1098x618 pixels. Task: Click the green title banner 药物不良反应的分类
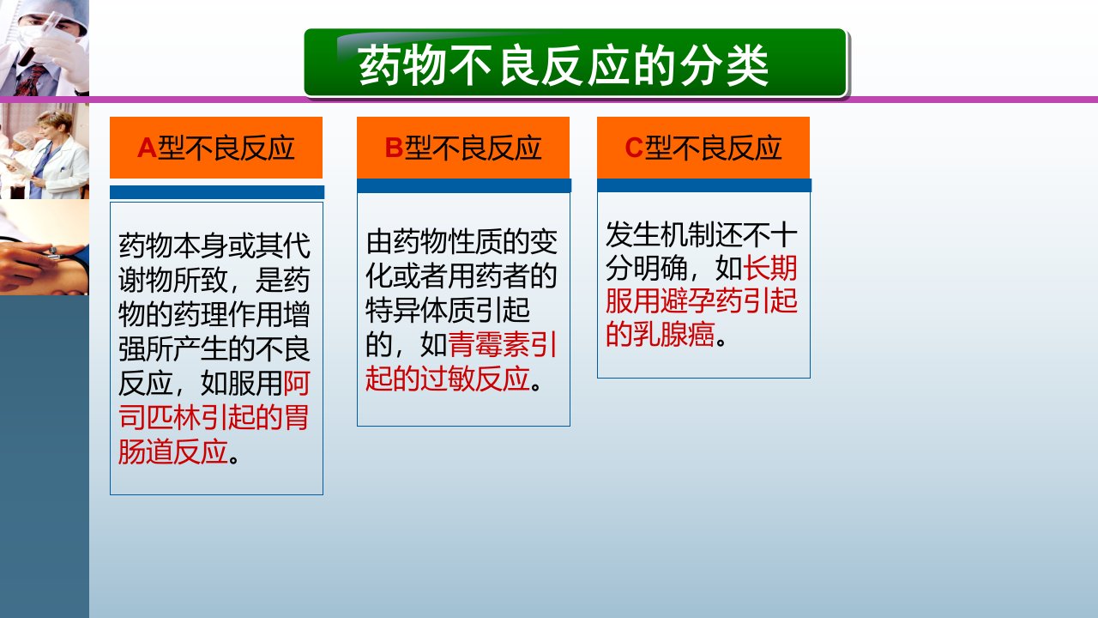575,63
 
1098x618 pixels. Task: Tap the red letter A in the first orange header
147,148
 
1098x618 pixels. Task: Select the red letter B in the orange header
394,148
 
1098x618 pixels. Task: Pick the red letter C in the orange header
634,148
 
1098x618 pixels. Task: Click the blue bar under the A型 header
217,192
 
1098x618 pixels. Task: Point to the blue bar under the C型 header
704,185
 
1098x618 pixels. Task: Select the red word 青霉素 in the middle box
489,345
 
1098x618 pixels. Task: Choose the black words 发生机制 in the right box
660,234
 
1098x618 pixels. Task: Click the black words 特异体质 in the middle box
419,311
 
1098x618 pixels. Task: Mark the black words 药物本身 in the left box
172,245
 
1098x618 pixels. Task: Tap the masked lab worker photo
44,47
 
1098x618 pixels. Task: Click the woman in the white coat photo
44,150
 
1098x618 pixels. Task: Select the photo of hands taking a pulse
44,246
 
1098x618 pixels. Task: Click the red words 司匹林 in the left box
159,417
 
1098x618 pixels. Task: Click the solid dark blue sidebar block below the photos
44,457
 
